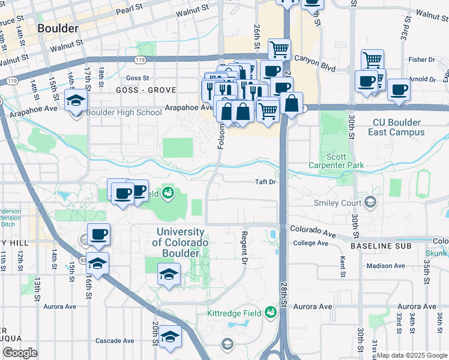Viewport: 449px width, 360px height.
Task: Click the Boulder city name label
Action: click(x=58, y=28)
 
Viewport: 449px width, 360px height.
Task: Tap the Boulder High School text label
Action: click(x=124, y=112)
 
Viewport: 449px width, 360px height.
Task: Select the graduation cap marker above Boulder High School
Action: click(x=76, y=101)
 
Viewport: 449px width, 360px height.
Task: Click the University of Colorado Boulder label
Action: click(x=180, y=242)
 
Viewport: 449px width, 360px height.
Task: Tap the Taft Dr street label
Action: click(x=265, y=182)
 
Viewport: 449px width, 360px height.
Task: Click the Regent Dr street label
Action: click(x=244, y=247)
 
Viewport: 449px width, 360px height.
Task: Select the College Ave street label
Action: click(x=310, y=243)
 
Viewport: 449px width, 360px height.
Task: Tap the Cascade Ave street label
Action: click(x=115, y=340)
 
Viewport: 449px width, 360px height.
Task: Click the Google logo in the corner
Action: click(x=20, y=353)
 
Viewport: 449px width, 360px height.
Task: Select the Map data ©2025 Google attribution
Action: click(x=412, y=355)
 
